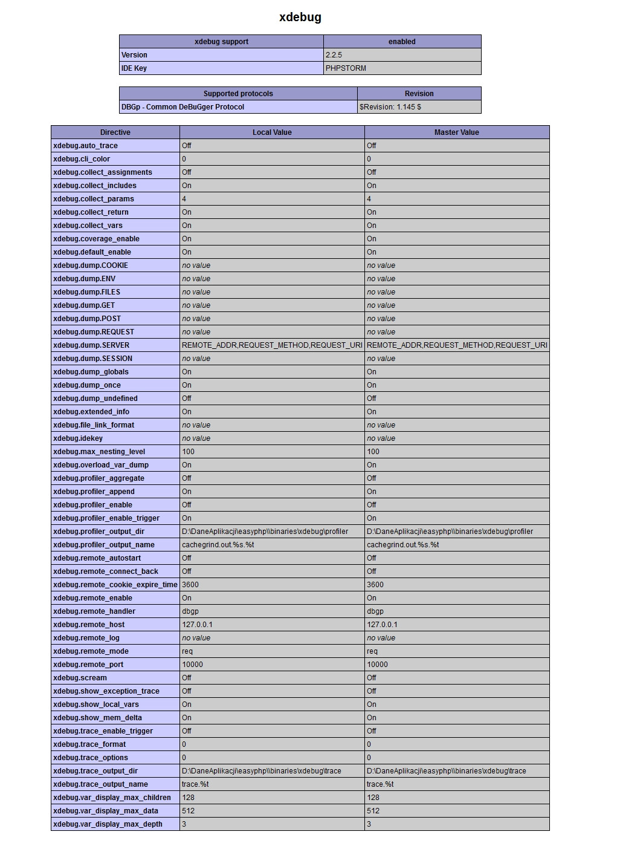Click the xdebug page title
[x=300, y=18]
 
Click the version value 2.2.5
[x=334, y=55]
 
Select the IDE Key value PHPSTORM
[x=346, y=68]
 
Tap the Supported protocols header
[x=238, y=94]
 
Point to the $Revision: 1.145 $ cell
[x=390, y=107]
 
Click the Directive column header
[x=115, y=132]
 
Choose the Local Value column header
[x=272, y=132]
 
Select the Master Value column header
[x=457, y=132]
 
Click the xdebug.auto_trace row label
[x=85, y=146]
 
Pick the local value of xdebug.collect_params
[x=184, y=199]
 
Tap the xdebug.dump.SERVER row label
[x=91, y=345]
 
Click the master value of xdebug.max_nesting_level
[x=373, y=452]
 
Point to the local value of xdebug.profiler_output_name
[x=218, y=545]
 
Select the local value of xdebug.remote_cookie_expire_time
[x=190, y=585]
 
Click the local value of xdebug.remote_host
[x=197, y=625]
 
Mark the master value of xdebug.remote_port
[x=378, y=665]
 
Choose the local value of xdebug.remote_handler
[x=190, y=611]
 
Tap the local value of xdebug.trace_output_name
[x=195, y=784]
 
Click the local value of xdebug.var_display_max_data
[x=189, y=811]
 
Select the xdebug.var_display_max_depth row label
[x=108, y=824]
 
